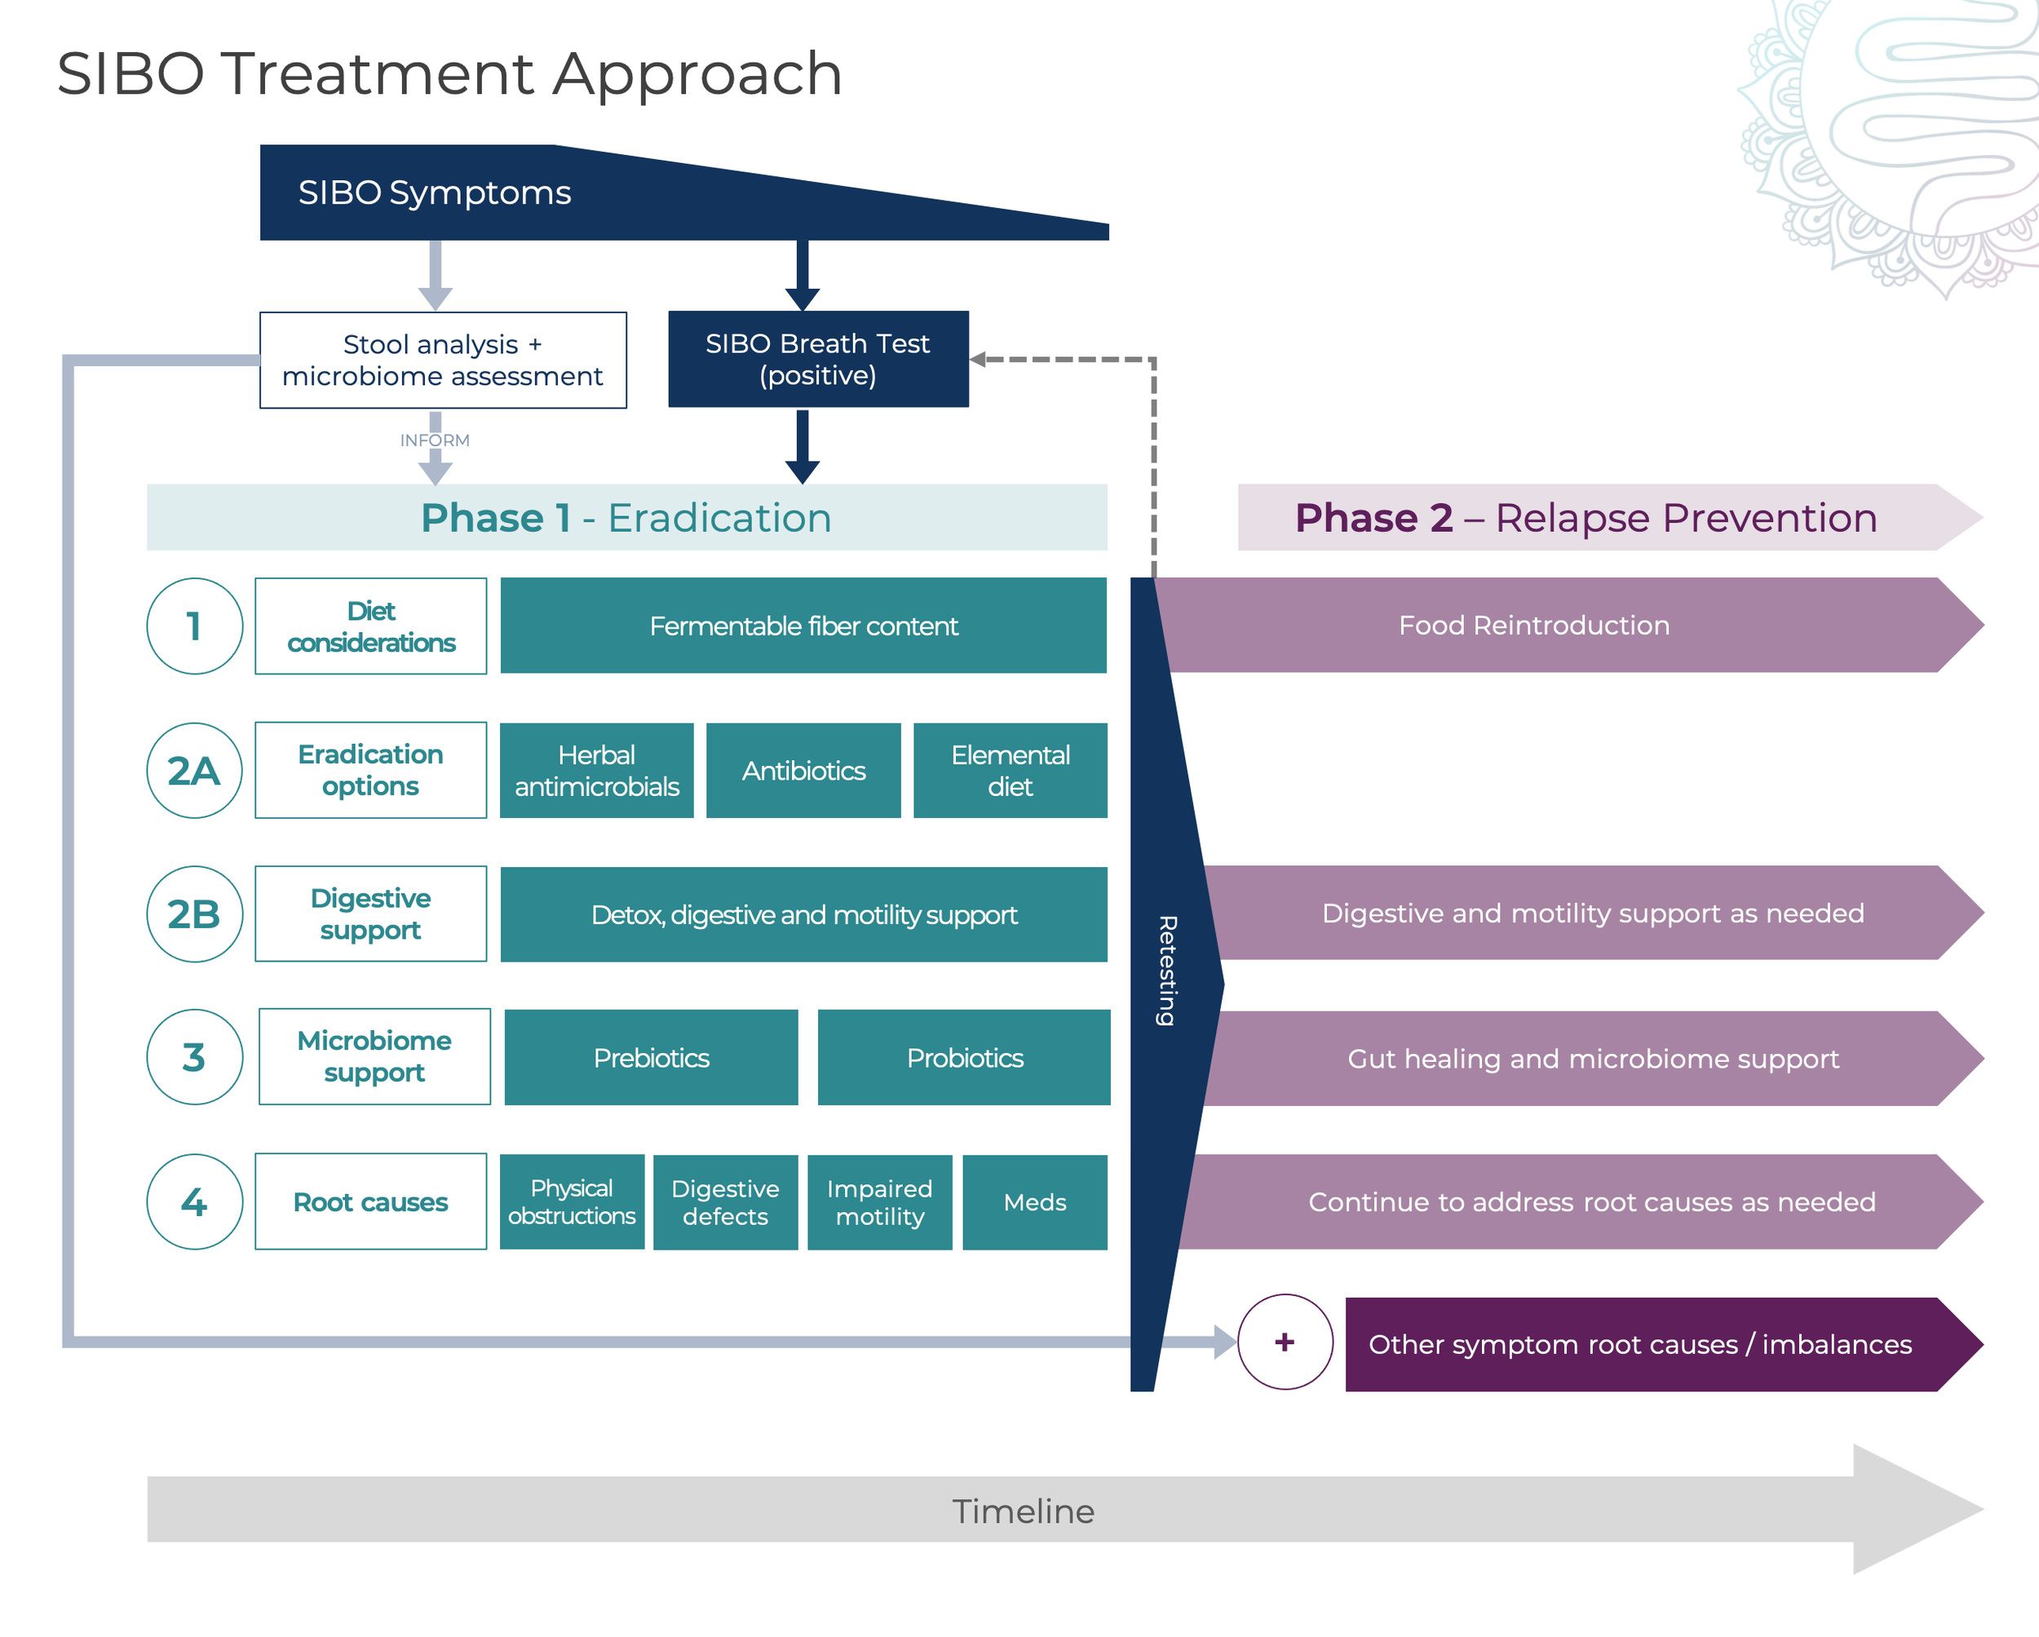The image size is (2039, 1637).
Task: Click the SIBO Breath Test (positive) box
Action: pyautogui.click(x=818, y=360)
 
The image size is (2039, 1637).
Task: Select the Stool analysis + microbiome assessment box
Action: pyautogui.click(x=443, y=361)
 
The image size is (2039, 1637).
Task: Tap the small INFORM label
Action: pyautogui.click(x=434, y=440)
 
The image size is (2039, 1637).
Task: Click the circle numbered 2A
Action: pyautogui.click(x=194, y=771)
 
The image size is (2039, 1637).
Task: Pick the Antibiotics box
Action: pyautogui.click(x=803, y=771)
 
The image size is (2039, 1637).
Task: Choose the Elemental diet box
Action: pyautogui.click(x=1010, y=771)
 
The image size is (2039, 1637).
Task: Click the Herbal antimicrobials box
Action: pyautogui.click(x=597, y=771)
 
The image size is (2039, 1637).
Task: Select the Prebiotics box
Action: pyautogui.click(x=651, y=1057)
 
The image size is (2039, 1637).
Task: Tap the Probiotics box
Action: pyautogui.click(x=964, y=1057)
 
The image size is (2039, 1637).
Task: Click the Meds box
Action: pyautogui.click(x=1035, y=1202)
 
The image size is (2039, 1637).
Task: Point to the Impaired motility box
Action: pyautogui.click(x=879, y=1202)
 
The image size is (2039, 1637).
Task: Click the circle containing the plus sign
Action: pyautogui.click(x=1285, y=1342)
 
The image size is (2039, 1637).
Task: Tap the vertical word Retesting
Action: pyautogui.click(x=1167, y=971)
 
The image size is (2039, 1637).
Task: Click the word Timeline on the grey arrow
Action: pyautogui.click(x=1022, y=1511)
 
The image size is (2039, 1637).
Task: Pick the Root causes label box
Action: pyautogui.click(x=371, y=1202)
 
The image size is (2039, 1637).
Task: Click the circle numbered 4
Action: pyautogui.click(x=194, y=1202)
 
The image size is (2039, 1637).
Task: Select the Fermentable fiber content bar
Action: pyautogui.click(x=803, y=626)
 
